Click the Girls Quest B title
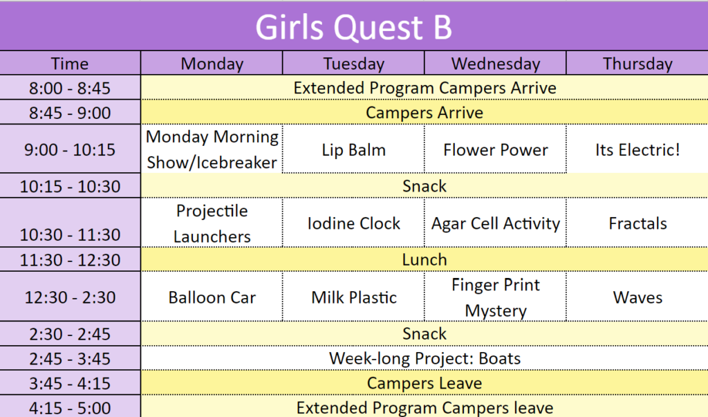(x=353, y=27)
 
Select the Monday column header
(x=212, y=64)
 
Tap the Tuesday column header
(x=353, y=64)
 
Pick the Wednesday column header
(x=495, y=64)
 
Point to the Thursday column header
(x=637, y=64)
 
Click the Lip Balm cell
(x=353, y=149)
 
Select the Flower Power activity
(x=495, y=149)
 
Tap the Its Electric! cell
(x=637, y=149)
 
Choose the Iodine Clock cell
(x=353, y=223)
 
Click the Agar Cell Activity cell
(x=495, y=223)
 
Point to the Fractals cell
(x=637, y=223)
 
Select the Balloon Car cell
(x=212, y=297)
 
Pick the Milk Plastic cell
(x=353, y=297)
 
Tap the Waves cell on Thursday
(x=637, y=297)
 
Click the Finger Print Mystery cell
(x=495, y=297)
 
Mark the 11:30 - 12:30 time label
(x=70, y=260)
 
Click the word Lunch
(x=425, y=260)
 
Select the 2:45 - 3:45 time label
(x=70, y=359)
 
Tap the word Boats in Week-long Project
(x=499, y=358)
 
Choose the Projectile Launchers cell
(x=212, y=223)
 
